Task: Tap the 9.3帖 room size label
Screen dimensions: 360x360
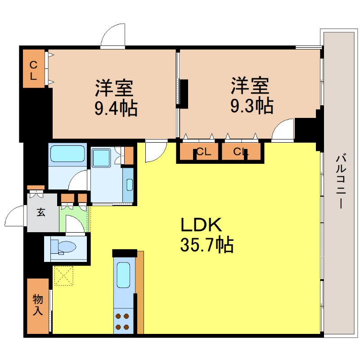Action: point(252,106)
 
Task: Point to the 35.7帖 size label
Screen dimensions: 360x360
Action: point(207,245)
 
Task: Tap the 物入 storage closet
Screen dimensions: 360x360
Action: point(37,306)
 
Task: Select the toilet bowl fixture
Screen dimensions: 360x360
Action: point(66,247)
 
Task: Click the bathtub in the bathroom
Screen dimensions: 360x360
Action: point(68,154)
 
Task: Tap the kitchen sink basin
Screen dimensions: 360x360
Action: point(123,274)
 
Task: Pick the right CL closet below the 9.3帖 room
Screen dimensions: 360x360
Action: point(240,152)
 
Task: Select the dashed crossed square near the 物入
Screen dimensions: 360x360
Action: point(63,275)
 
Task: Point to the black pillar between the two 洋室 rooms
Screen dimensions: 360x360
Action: point(184,93)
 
